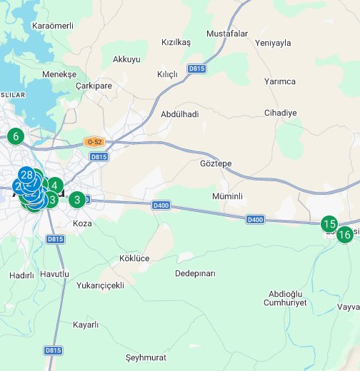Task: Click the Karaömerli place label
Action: coord(53,26)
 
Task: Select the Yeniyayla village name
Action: coord(273,43)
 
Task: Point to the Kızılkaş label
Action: coord(176,42)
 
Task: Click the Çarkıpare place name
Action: coord(94,85)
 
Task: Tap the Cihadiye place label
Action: coord(280,113)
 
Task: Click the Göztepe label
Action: coord(216,163)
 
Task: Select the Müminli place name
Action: coord(228,195)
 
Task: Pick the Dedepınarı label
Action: coord(195,273)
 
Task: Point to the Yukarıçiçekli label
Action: coord(100,285)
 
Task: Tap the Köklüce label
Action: coord(135,258)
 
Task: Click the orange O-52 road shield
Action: coord(93,142)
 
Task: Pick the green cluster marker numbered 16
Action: coord(344,234)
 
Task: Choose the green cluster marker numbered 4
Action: coord(54,185)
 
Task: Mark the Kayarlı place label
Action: coord(86,325)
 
